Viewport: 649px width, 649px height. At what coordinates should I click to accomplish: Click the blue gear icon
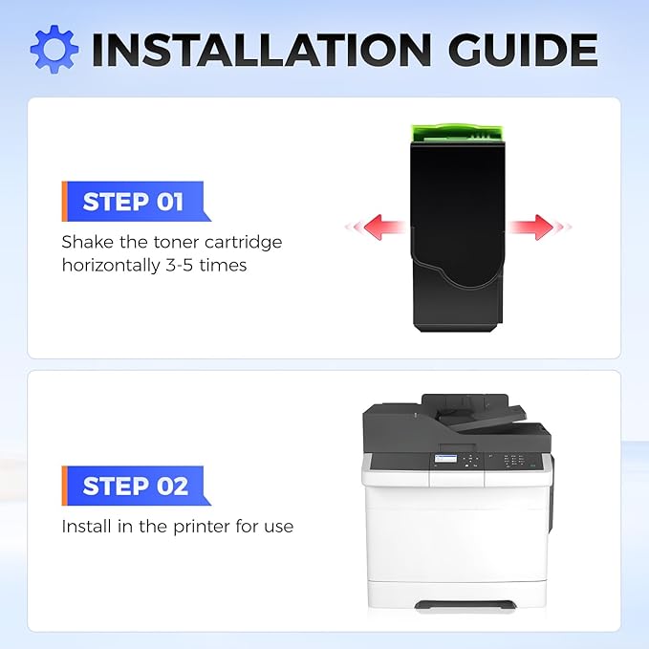click(x=54, y=50)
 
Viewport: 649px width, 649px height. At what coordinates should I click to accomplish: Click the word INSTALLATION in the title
click(x=262, y=50)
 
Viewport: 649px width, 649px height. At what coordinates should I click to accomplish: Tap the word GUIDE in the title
click(x=523, y=50)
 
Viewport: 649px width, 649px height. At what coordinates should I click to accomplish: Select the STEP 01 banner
click(x=136, y=201)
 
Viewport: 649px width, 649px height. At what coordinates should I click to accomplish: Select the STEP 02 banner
click(x=136, y=486)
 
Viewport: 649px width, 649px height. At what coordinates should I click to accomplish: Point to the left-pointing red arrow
click(x=376, y=227)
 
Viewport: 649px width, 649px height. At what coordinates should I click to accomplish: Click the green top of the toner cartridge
click(x=458, y=133)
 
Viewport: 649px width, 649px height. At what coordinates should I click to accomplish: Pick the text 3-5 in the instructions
click(x=180, y=265)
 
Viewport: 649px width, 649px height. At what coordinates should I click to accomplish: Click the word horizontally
click(x=111, y=266)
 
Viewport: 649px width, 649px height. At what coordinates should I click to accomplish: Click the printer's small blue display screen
click(x=445, y=459)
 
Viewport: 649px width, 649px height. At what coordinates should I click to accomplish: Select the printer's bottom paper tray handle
click(x=465, y=604)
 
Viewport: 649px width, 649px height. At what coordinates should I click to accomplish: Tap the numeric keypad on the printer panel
click(x=513, y=461)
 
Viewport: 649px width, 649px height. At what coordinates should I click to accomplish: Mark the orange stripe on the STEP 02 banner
click(x=64, y=486)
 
